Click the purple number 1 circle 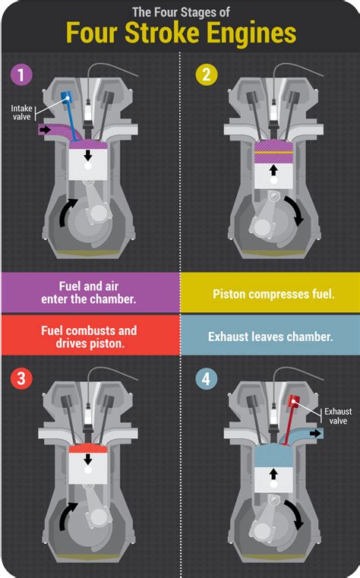tap(21, 75)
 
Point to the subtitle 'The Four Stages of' tap(179, 11)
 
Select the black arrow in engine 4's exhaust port tap(314, 433)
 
